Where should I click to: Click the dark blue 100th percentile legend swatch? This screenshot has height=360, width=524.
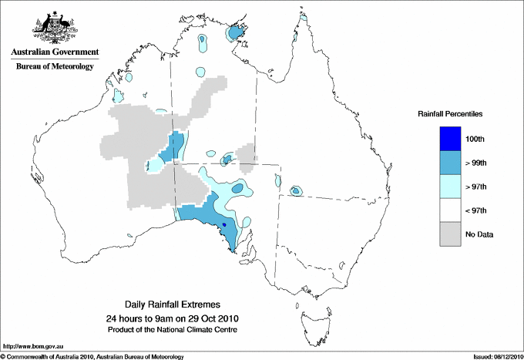click(450, 139)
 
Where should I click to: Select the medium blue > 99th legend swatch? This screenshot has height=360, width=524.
click(450, 163)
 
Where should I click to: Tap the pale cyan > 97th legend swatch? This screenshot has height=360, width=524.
click(450, 187)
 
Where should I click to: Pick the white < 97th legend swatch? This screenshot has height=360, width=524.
click(450, 210)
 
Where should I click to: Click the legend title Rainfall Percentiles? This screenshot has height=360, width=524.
click(450, 113)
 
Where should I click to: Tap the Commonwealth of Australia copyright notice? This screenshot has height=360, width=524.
click(92, 356)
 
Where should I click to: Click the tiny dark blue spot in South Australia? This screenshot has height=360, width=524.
click(223, 224)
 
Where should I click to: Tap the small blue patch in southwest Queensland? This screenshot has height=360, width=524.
click(295, 190)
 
